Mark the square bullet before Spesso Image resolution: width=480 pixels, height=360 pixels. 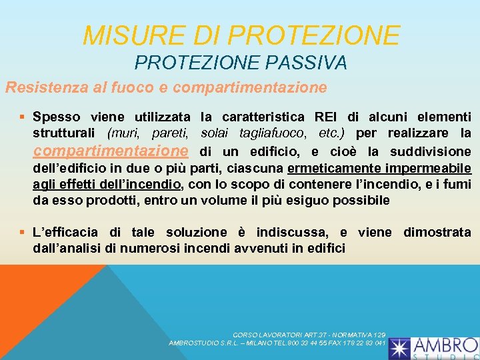[x=24, y=117]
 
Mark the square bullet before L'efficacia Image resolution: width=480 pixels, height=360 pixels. [x=24, y=232]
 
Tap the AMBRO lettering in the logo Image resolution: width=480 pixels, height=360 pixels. [x=445, y=345]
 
